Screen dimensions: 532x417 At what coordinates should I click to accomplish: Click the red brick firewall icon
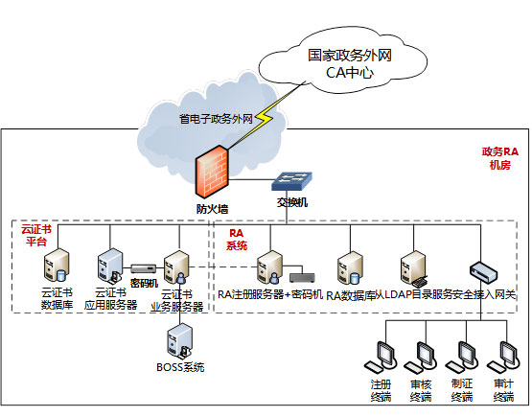[212, 172]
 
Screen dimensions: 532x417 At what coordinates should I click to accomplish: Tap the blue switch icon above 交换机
[291, 181]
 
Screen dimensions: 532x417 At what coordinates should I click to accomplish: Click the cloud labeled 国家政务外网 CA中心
[342, 61]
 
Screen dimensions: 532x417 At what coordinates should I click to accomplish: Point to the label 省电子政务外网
[216, 119]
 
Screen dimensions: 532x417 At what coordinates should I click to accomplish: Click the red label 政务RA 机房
[500, 158]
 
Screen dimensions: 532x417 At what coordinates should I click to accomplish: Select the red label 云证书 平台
[36, 236]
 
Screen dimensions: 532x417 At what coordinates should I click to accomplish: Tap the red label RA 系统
[237, 240]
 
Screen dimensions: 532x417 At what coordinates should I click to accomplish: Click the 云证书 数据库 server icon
[57, 266]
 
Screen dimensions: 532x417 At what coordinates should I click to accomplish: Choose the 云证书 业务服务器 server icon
[176, 268]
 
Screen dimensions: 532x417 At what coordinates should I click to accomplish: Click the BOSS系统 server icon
[180, 341]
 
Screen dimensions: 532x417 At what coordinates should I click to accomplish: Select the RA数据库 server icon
[350, 268]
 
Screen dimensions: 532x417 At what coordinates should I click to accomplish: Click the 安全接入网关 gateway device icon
[483, 271]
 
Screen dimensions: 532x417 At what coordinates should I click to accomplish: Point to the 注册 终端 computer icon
[381, 358]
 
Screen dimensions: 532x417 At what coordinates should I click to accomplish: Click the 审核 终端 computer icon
[421, 358]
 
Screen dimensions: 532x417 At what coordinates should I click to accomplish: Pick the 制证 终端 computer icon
[462, 358]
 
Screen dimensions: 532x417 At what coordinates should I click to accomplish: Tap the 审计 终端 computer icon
[503, 358]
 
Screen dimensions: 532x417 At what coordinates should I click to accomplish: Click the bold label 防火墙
[212, 209]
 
